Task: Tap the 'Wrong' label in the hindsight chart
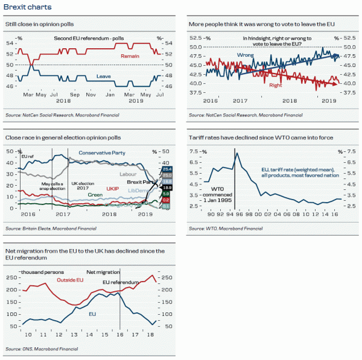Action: (244, 55)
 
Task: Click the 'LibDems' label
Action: (139, 191)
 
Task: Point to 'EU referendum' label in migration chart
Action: (118, 282)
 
